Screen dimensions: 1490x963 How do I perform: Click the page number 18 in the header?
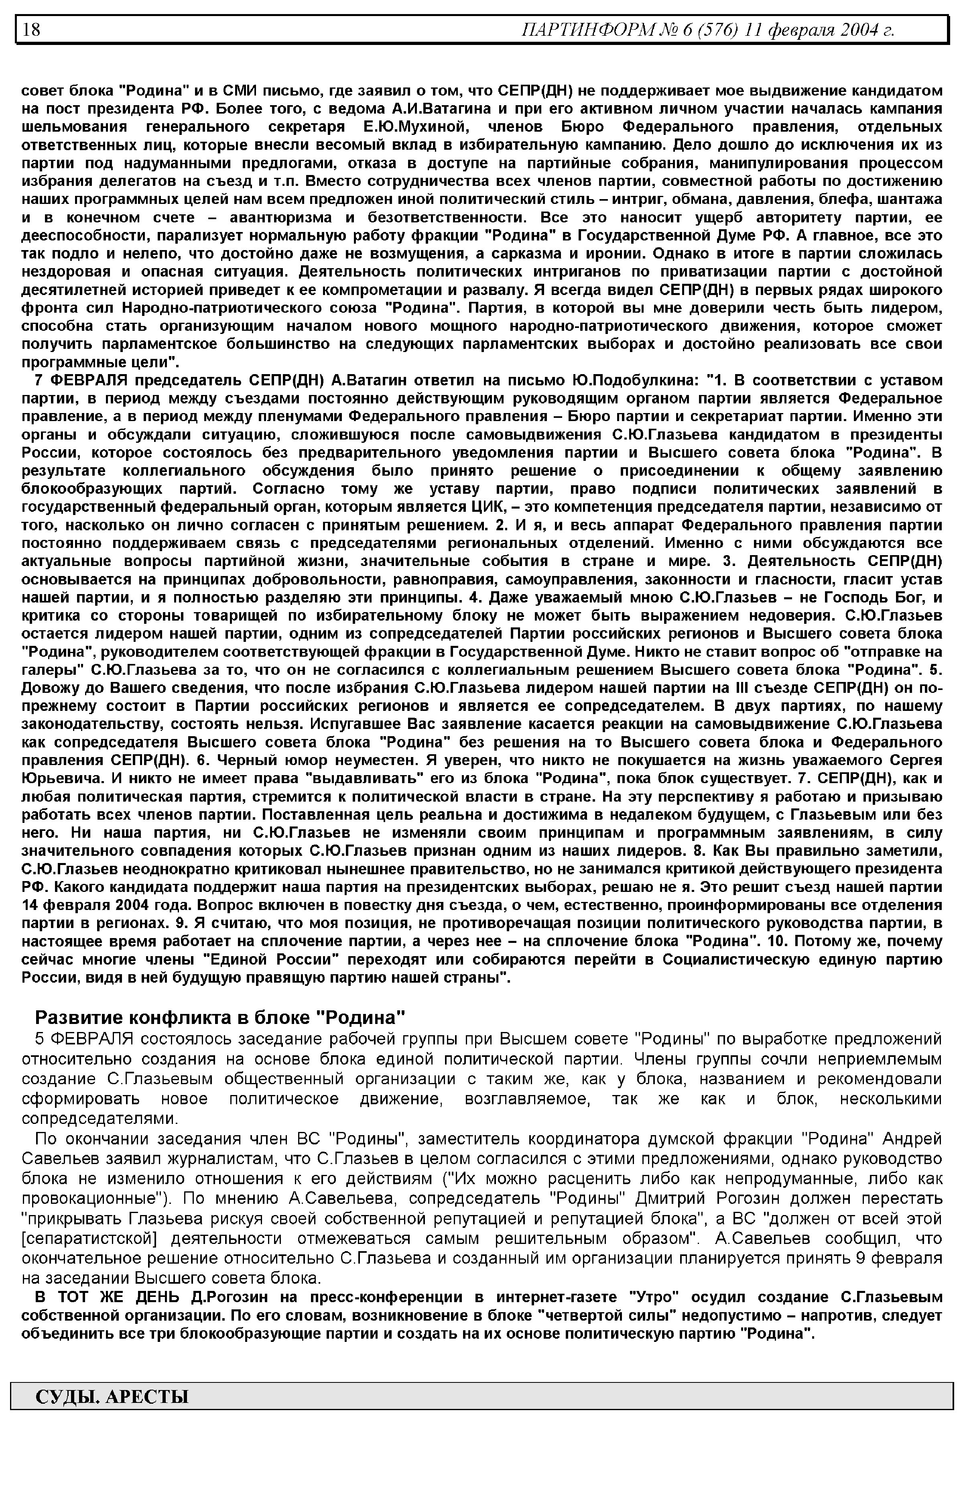tap(31, 29)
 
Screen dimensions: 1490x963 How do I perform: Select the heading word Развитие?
tap(71, 1017)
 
